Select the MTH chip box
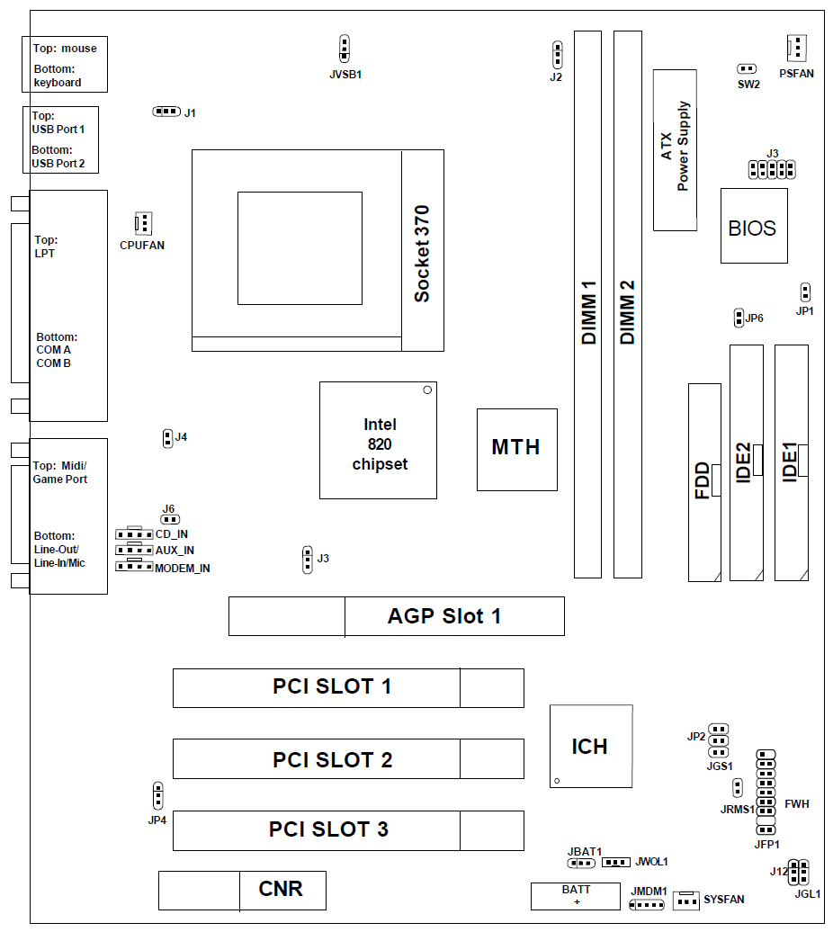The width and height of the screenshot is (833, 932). click(x=516, y=448)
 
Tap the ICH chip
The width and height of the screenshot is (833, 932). click(x=590, y=746)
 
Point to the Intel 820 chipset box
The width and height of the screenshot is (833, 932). click(x=378, y=440)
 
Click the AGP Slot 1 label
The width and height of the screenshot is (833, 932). click(x=443, y=616)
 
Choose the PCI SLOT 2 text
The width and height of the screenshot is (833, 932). click(x=332, y=760)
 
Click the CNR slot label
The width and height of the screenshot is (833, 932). click(x=280, y=890)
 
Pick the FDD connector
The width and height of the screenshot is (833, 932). click(x=704, y=480)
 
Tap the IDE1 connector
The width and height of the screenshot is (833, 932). click(x=791, y=462)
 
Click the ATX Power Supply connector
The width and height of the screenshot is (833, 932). click(x=675, y=149)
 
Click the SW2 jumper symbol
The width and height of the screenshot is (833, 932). click(x=747, y=68)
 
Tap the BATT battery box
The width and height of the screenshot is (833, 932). click(x=575, y=896)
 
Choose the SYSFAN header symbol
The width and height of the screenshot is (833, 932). click(x=686, y=900)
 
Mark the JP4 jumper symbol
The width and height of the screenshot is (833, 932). click(x=157, y=796)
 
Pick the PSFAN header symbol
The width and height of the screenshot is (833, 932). click(x=796, y=47)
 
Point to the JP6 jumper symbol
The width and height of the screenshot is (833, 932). click(x=739, y=318)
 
